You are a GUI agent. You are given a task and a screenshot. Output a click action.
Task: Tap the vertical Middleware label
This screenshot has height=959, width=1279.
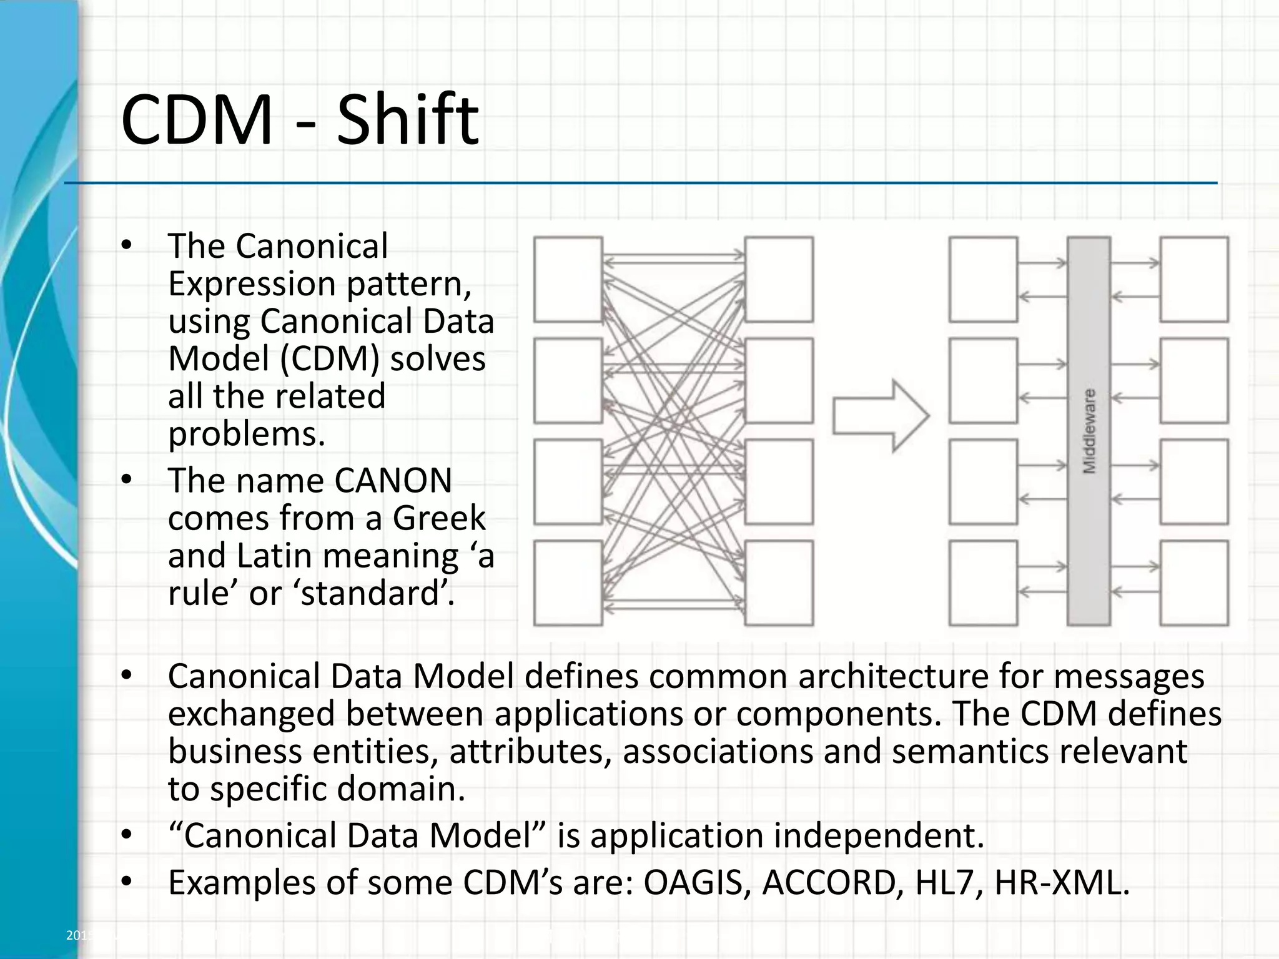[1089, 431]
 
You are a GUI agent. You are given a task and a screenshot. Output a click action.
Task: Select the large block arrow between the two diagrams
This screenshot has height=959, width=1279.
[881, 415]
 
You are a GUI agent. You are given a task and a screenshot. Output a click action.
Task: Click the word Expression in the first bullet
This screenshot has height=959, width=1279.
[252, 284]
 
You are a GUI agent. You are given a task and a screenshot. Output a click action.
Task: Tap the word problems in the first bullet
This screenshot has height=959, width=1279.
[247, 434]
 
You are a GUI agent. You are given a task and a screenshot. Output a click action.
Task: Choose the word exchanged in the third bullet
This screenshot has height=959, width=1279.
[252, 714]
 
